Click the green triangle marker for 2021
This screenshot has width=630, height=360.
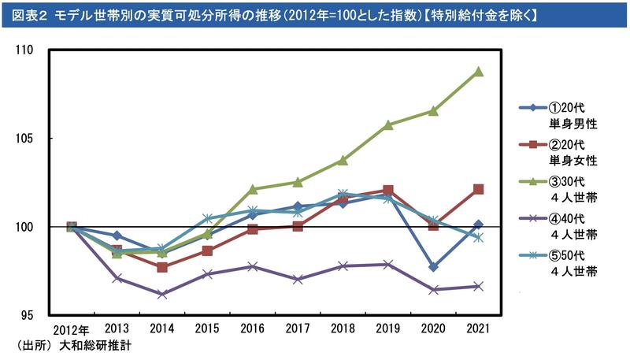pos(478,72)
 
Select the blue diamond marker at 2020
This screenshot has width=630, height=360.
pos(432,267)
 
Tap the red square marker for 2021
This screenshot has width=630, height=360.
pos(478,189)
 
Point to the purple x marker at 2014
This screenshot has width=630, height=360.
pos(162,295)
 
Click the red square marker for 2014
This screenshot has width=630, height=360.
pos(162,267)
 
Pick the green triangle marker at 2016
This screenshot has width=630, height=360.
pos(253,189)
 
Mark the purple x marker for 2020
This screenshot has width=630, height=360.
pos(432,290)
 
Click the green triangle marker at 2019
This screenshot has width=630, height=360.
pos(387,124)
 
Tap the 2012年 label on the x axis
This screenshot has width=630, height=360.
pos(72,328)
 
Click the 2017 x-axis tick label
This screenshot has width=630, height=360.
pos(298,328)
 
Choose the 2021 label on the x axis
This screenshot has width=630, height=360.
pos(478,328)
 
